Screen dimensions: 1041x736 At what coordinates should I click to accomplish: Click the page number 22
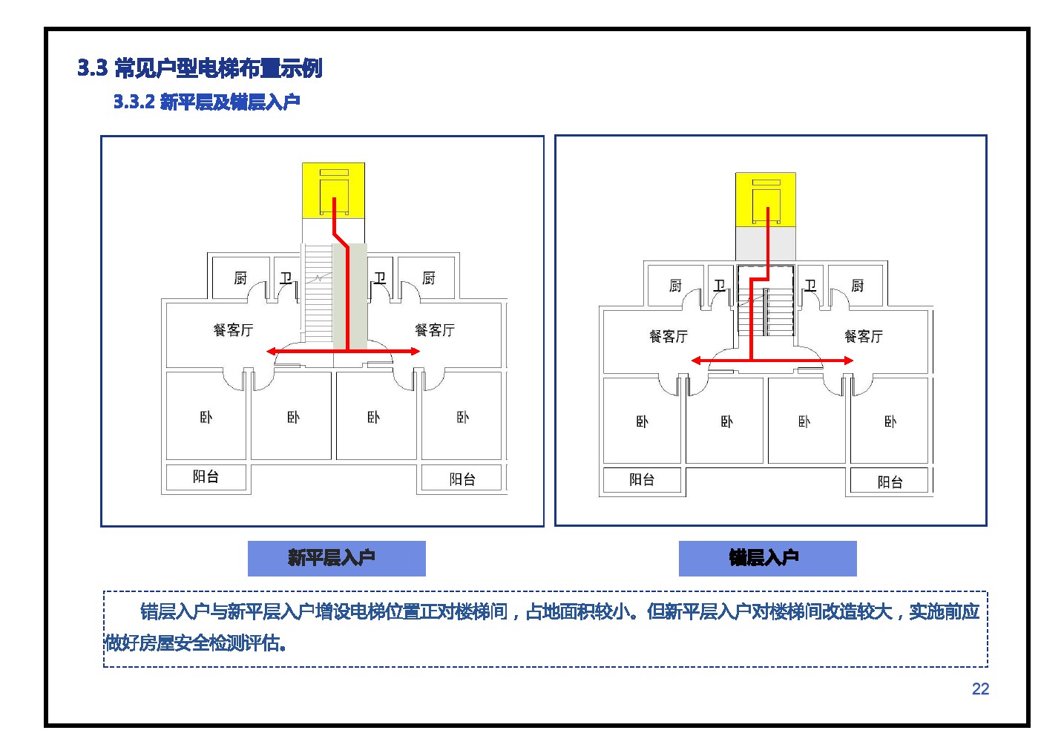click(x=980, y=689)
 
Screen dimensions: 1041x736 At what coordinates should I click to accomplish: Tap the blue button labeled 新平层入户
click(x=336, y=558)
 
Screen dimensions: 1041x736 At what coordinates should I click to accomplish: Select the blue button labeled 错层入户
click(x=767, y=558)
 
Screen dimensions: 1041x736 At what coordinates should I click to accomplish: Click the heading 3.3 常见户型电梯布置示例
click(x=200, y=68)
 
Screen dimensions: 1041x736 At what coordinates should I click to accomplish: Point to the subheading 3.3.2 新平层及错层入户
click(x=207, y=102)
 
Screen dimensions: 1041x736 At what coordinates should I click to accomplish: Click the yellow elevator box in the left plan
click(x=333, y=190)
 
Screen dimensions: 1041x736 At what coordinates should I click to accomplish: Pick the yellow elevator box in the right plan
click(x=766, y=200)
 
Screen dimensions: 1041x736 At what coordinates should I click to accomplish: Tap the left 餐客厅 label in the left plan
click(x=233, y=330)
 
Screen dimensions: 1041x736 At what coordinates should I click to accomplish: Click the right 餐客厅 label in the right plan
click(x=864, y=336)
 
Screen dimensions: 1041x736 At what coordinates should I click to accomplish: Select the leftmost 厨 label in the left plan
click(x=240, y=278)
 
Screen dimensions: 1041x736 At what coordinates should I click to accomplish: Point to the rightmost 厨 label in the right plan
click(x=858, y=286)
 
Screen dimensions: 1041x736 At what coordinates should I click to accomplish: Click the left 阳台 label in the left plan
click(x=206, y=476)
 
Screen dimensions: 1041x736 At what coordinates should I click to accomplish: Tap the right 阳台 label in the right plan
click(x=890, y=482)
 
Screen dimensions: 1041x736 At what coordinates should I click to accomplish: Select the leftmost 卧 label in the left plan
click(x=206, y=417)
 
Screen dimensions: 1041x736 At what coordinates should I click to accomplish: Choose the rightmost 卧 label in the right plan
click(x=890, y=421)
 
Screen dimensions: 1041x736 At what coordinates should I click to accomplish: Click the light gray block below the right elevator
click(x=766, y=243)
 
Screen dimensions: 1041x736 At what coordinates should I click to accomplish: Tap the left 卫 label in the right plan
click(x=720, y=286)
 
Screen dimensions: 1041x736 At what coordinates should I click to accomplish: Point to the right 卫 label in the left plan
click(x=380, y=278)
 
